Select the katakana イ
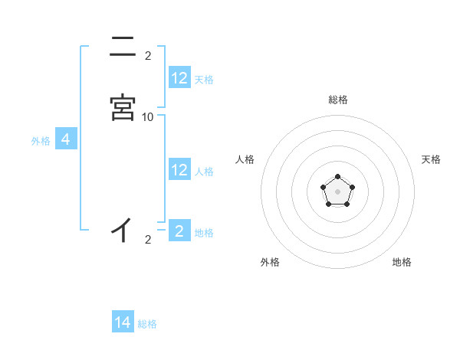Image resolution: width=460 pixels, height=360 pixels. (x=123, y=230)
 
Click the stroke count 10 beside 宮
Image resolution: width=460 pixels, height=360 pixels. (x=148, y=116)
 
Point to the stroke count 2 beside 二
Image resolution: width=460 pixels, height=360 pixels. (x=148, y=56)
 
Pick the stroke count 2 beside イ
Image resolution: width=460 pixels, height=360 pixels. (x=148, y=241)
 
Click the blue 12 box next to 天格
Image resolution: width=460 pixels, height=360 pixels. (x=179, y=78)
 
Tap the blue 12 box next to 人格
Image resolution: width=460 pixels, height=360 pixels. (x=179, y=170)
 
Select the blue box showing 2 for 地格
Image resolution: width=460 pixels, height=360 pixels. (x=179, y=231)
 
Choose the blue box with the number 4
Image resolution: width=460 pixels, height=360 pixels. (x=66, y=139)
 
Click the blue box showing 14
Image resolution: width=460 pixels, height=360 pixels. (x=123, y=322)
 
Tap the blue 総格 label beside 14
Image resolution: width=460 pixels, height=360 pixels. (x=147, y=324)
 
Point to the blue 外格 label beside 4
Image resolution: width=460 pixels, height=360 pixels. (x=41, y=141)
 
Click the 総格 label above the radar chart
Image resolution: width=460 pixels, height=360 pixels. (x=337, y=100)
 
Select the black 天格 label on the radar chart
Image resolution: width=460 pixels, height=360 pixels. (x=432, y=159)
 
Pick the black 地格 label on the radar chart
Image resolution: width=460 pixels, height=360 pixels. (x=402, y=262)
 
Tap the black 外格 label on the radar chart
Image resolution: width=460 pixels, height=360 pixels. (x=270, y=262)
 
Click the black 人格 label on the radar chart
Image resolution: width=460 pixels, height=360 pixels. (x=245, y=159)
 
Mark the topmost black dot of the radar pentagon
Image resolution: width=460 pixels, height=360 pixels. (x=337, y=177)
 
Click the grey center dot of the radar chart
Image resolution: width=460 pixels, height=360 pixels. (x=337, y=191)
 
